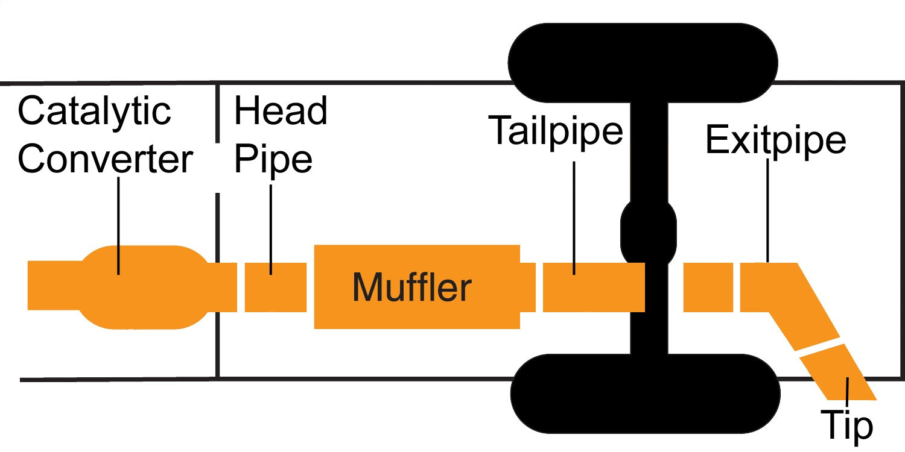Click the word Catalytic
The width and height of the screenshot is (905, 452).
pyautogui.click(x=94, y=112)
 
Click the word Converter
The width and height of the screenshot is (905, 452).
pyautogui.click(x=106, y=159)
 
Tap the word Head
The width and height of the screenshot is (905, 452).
pyautogui.click(x=281, y=111)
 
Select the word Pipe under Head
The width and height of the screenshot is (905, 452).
pyautogui.click(x=273, y=159)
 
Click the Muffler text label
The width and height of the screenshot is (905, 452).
pyautogui.click(x=411, y=287)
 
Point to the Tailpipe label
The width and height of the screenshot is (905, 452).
pyautogui.click(x=556, y=129)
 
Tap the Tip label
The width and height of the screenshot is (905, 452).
pyautogui.click(x=847, y=424)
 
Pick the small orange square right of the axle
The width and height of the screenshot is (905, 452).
pyautogui.click(x=708, y=287)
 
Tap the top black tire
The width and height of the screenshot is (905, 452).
pyautogui.click(x=643, y=62)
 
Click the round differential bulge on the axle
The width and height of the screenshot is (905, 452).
pyautogui.click(x=649, y=229)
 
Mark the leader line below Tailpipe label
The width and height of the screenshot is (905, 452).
pyautogui.click(x=574, y=217)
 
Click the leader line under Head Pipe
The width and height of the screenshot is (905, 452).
pyautogui.click(x=271, y=229)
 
